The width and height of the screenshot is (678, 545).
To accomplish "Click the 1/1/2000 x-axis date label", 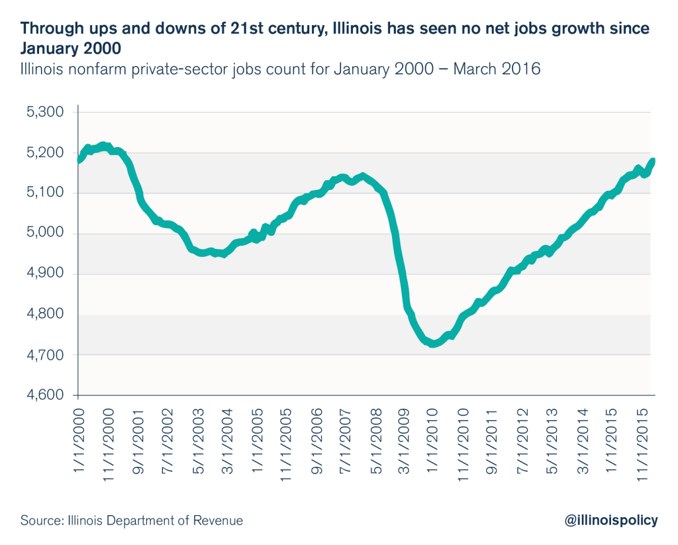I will [79, 440].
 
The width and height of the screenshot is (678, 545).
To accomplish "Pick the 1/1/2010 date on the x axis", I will [432, 440].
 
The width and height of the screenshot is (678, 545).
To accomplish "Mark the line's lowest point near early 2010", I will [433, 344].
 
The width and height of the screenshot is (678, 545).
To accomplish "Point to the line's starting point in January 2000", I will [79, 160].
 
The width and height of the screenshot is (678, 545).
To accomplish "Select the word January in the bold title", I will [46, 48].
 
